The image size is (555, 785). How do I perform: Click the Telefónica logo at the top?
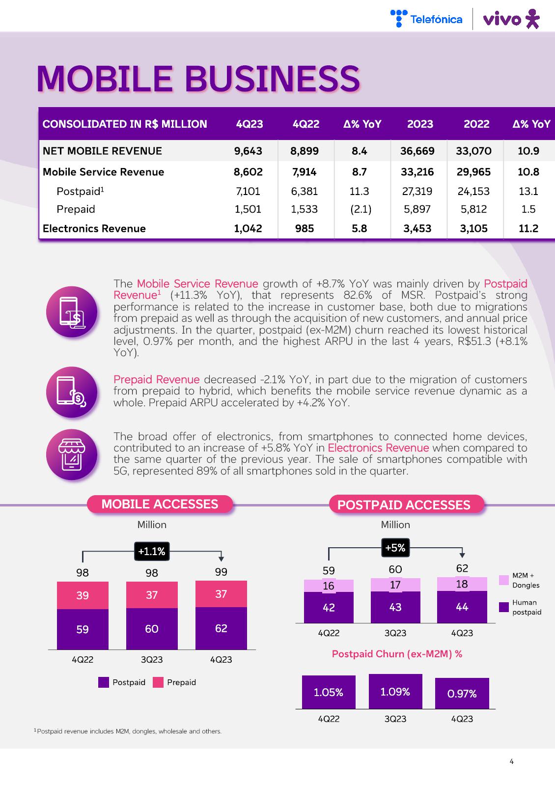(426, 19)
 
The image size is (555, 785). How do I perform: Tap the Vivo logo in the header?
(511, 19)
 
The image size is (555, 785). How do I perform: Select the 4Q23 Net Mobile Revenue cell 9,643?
(248, 151)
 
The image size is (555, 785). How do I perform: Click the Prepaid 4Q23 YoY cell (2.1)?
(360, 209)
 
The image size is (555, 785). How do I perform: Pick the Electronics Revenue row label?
(94, 228)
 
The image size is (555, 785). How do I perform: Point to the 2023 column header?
(420, 124)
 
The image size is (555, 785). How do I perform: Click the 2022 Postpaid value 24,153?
(473, 191)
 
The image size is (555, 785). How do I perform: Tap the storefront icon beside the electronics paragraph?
(72, 454)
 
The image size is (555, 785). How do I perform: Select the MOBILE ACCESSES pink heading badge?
(160, 504)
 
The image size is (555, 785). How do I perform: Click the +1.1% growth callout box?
(152, 551)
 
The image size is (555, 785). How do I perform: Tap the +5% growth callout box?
(395, 548)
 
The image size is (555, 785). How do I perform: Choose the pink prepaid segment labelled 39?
(83, 595)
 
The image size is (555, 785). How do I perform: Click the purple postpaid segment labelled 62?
(221, 628)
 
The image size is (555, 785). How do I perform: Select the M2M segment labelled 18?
(462, 584)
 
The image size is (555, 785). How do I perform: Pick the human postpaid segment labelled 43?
(395, 607)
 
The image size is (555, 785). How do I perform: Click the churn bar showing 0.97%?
(462, 694)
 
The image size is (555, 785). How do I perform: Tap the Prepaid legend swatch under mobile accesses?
(158, 682)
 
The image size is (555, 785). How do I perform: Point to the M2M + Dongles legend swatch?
(504, 580)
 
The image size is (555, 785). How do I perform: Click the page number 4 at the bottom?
(512, 762)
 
